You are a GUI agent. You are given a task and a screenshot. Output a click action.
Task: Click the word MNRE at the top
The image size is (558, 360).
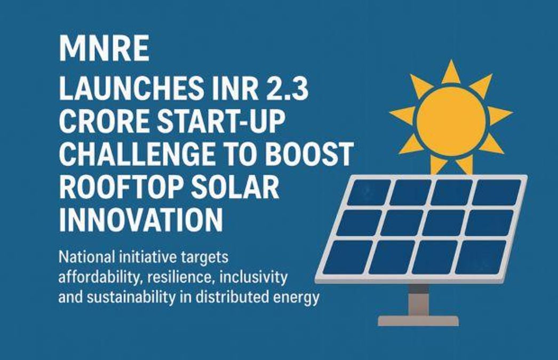pos(105,50)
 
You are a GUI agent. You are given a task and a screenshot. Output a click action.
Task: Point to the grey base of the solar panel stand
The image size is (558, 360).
pos(418,321)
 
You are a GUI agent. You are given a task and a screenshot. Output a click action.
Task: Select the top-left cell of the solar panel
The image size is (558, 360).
pos(369,191)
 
